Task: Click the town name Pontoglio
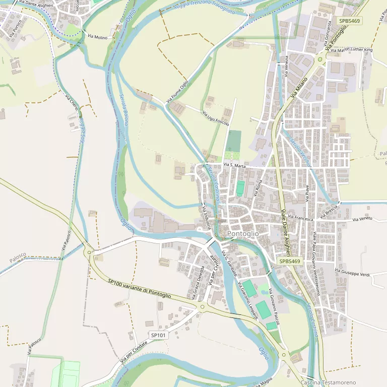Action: tap(243, 234)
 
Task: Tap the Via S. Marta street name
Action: tap(234, 165)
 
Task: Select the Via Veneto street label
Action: tap(362, 219)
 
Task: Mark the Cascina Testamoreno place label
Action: tap(328, 382)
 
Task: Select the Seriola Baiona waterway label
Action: tap(123, 110)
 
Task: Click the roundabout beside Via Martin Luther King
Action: tap(320, 59)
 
